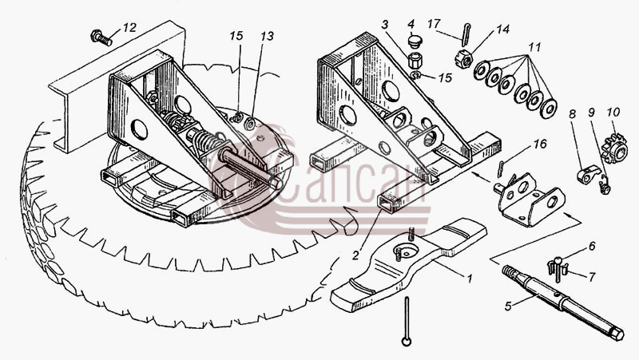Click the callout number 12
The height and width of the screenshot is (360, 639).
129,28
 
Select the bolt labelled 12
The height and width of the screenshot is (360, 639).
101,38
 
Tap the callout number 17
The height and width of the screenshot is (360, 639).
434,24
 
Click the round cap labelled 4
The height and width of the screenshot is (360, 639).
415,42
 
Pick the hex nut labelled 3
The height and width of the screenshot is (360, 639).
415,61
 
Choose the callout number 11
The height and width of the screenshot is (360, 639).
534,48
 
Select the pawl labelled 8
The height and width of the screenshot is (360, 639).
589,174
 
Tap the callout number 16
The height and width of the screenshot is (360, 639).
540,144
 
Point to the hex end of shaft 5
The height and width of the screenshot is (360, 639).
616,334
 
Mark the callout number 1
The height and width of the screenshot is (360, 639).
469,279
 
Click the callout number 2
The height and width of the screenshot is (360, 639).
355,255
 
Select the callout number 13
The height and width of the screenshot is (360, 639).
267,36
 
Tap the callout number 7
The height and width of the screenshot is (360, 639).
591,277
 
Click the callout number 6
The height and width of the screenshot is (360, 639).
592,246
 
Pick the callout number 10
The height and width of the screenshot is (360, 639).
613,112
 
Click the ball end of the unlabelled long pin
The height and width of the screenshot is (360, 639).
406,342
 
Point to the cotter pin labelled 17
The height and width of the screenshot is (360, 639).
466,35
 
